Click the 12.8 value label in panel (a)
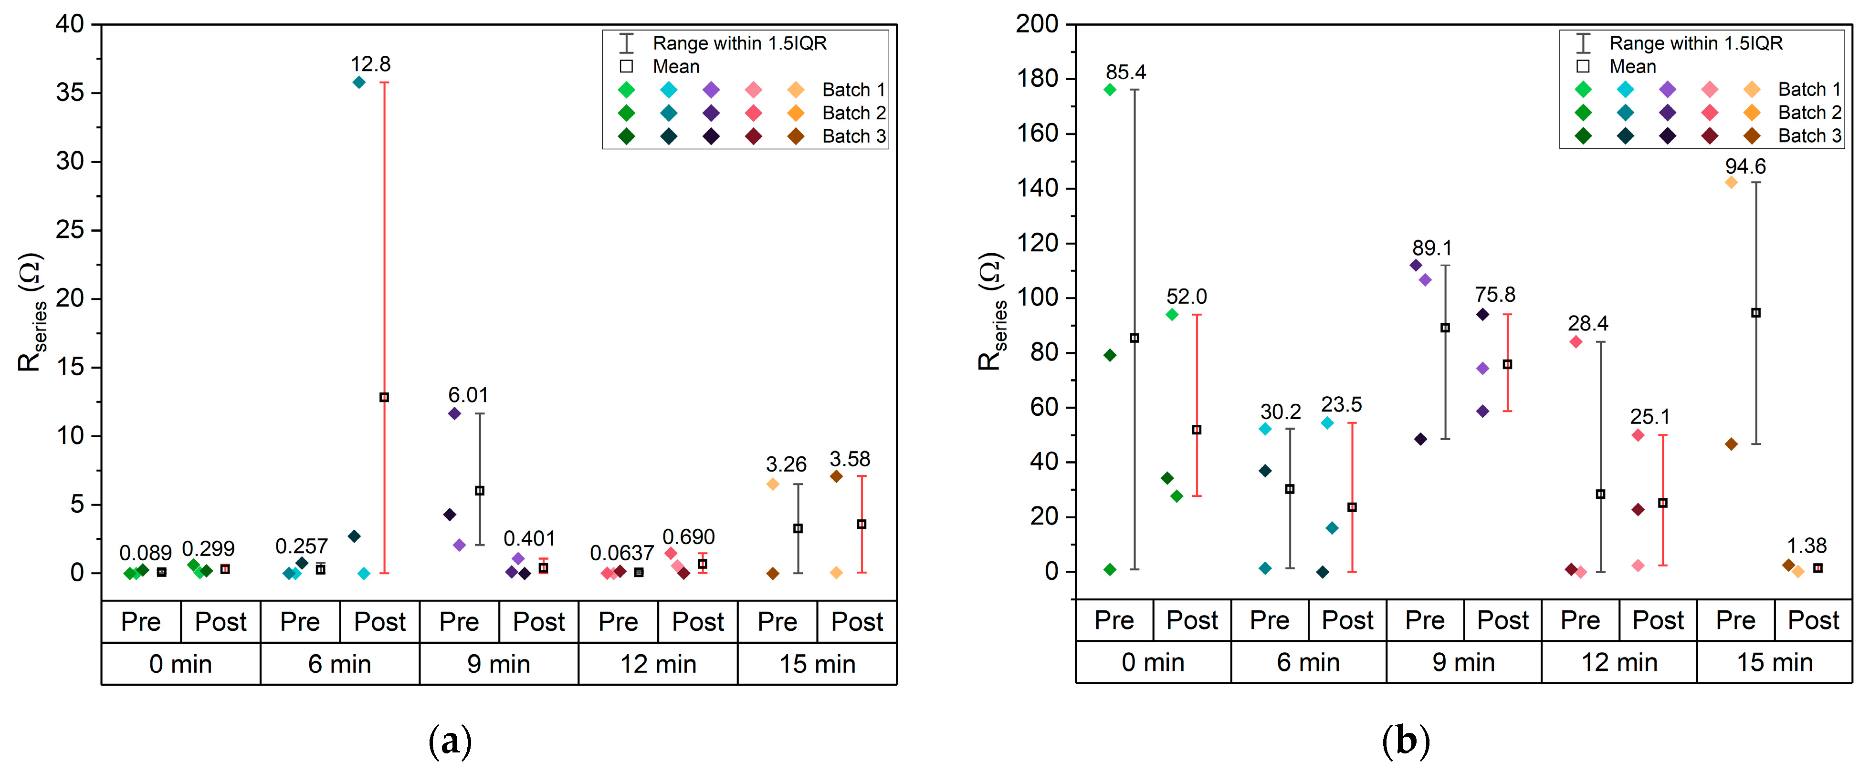tap(370, 64)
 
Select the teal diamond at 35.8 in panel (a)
tap(358, 82)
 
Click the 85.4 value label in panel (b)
tap(1126, 72)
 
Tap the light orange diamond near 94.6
tap(1731, 182)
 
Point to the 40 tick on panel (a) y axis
tap(71, 24)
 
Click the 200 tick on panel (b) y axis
tap(1037, 24)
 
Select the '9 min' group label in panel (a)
tap(499, 664)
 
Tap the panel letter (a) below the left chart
tap(450, 741)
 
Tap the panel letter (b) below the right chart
tap(1406, 741)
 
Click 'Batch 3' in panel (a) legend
tap(854, 136)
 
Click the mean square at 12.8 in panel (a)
tap(384, 398)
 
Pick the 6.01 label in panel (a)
tap(468, 395)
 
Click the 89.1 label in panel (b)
tap(1431, 248)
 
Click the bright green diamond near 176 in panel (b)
tap(1109, 90)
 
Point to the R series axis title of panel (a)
tap(31, 312)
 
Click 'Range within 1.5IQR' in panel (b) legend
tap(1696, 43)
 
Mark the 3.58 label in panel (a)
tap(850, 459)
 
